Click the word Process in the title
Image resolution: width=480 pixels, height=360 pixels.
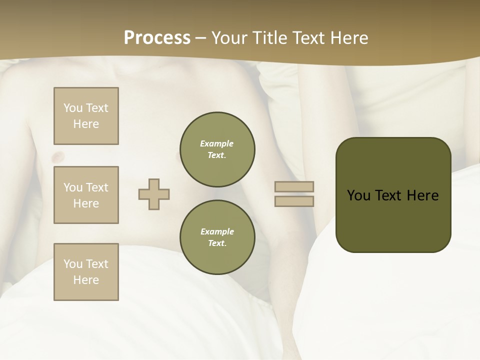point(157,38)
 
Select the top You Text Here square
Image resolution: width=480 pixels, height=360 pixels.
point(86,116)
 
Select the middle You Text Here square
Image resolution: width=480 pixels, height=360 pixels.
point(86,195)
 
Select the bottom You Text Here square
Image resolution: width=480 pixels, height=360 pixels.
point(86,272)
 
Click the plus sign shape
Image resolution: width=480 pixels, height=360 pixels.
point(154,194)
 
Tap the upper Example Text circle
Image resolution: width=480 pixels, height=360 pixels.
point(217,149)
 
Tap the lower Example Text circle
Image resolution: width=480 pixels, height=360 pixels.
point(217,237)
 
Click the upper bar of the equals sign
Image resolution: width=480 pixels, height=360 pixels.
point(294,186)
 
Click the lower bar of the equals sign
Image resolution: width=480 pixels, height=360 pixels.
point(294,201)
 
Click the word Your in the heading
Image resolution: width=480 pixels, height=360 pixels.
point(230,38)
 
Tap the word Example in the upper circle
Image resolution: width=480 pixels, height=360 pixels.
point(217,143)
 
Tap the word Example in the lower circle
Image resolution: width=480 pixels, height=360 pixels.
point(217,231)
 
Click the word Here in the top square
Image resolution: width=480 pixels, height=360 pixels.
point(86,124)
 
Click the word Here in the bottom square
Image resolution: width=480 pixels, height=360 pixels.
point(86,280)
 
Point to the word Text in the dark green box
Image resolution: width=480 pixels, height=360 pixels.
point(389,195)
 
